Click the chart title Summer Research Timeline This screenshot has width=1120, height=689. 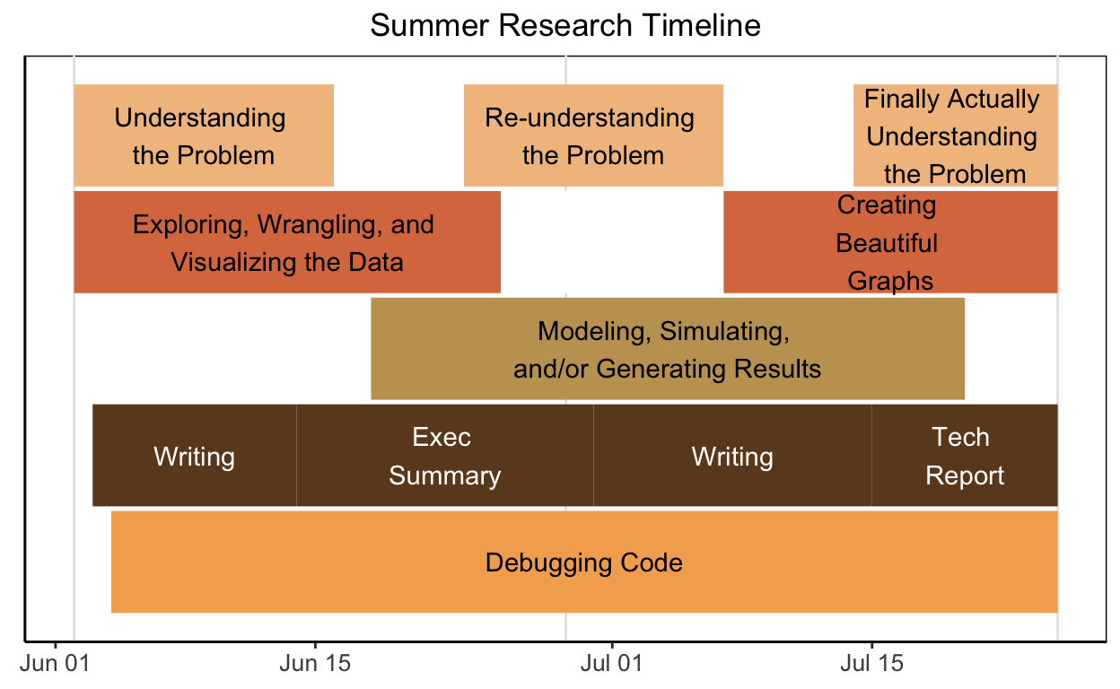[x=564, y=25]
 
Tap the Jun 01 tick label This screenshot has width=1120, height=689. [x=57, y=665]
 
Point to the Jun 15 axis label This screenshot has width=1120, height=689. [x=315, y=665]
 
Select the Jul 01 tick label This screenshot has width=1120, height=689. [x=611, y=665]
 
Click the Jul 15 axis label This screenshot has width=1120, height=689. [x=871, y=665]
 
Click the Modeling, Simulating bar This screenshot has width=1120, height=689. [x=667, y=349]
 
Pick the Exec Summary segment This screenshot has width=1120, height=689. [x=444, y=456]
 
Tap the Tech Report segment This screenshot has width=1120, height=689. [x=964, y=456]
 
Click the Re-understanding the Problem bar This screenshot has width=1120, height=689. [x=593, y=135]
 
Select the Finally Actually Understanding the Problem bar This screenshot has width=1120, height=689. [x=955, y=135]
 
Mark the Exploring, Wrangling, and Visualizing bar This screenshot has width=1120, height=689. [x=286, y=242]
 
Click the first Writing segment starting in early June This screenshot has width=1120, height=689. [x=194, y=457]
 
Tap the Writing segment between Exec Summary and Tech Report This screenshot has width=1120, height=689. [x=732, y=457]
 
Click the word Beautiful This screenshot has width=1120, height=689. [x=887, y=243]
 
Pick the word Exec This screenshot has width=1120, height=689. [x=442, y=437]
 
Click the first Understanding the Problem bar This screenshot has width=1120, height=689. [x=204, y=135]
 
